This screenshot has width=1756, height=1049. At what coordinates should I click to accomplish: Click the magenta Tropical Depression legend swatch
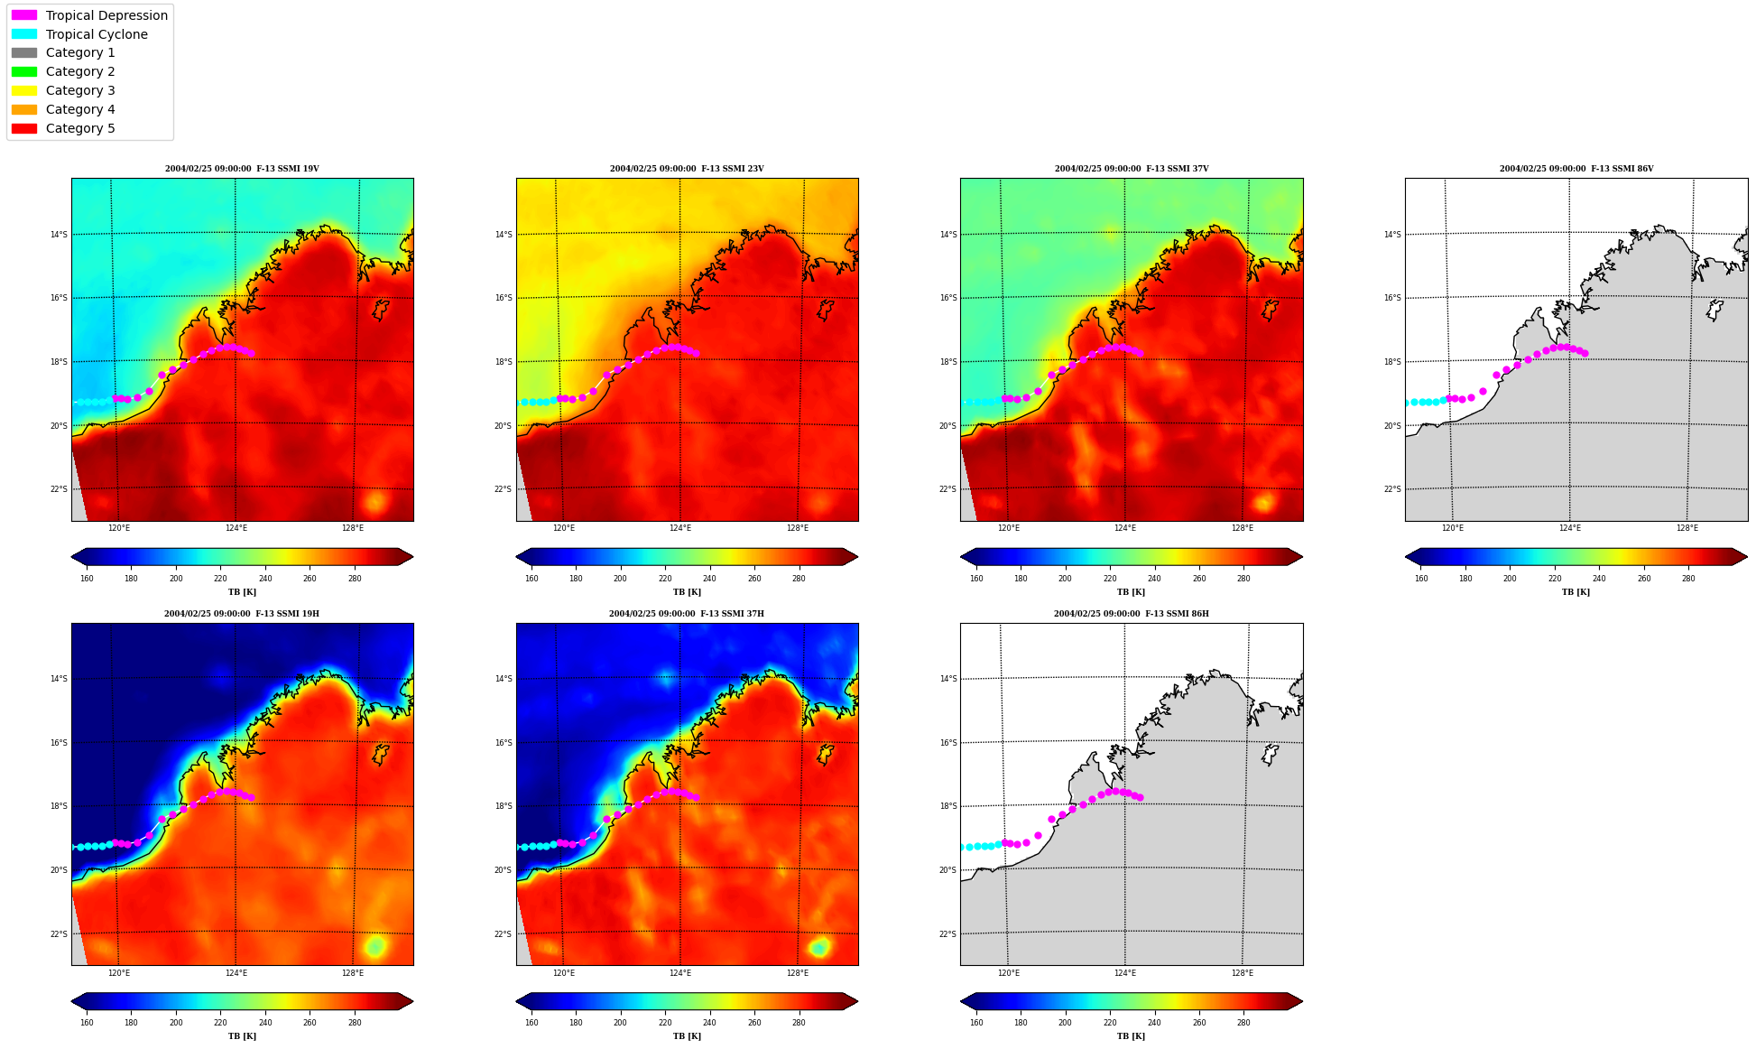tap(24, 15)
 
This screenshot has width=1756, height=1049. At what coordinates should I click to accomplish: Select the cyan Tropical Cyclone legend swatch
tap(24, 34)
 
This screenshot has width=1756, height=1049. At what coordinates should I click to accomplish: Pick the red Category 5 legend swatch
tap(24, 128)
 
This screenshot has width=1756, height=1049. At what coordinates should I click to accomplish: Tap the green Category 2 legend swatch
tap(24, 71)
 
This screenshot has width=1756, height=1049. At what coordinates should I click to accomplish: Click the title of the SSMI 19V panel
tap(242, 169)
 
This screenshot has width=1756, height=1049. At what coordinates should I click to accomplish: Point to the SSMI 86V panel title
tap(1576, 169)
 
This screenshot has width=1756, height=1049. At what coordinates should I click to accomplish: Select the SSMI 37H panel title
tap(687, 614)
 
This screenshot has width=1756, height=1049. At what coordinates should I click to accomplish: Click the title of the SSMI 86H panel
tap(1132, 614)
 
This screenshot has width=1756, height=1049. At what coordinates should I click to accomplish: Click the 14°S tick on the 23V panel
tap(504, 235)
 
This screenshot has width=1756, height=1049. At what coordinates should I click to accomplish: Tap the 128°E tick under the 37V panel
tap(1243, 528)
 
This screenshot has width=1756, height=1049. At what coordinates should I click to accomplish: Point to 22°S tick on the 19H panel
tap(59, 934)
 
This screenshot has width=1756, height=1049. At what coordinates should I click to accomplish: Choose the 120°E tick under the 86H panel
tap(1009, 973)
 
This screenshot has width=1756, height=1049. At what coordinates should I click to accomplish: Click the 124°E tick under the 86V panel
tap(1570, 528)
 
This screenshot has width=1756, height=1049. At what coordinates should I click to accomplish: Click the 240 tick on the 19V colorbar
tap(265, 579)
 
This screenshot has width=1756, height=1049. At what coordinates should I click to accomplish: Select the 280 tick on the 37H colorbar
tap(799, 1023)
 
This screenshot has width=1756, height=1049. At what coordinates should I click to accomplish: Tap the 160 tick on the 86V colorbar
tap(1421, 579)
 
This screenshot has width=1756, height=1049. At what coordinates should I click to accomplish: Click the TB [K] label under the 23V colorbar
tap(687, 592)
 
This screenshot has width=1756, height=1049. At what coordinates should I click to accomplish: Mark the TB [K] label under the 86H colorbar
tap(1132, 1036)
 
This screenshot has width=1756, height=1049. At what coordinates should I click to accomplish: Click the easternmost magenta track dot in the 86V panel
tap(1585, 353)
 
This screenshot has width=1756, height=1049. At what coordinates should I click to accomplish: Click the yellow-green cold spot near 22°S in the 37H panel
tap(819, 947)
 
